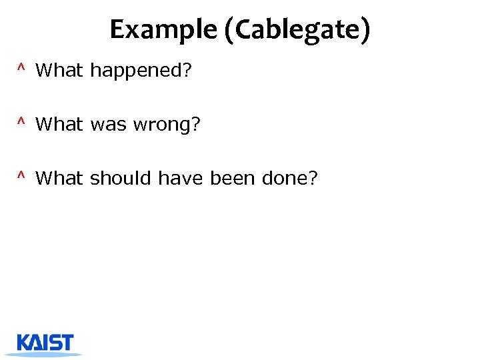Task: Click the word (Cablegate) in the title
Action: pyautogui.click(x=297, y=30)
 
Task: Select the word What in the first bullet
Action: pyautogui.click(x=59, y=70)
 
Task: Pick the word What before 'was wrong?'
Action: pyautogui.click(x=59, y=124)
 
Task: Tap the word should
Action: pyautogui.click(x=121, y=178)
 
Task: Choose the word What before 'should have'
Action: pyautogui.click(x=59, y=178)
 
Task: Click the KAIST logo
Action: pyautogui.click(x=45, y=344)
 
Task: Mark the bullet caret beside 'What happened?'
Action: pyautogui.click(x=22, y=68)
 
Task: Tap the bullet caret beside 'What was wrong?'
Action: pyautogui.click(x=22, y=122)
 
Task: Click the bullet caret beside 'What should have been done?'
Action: pyautogui.click(x=22, y=176)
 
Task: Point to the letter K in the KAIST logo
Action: pyautogui.click(x=24, y=342)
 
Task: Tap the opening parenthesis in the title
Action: pyautogui.click(x=229, y=31)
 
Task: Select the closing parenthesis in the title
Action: pyautogui.click(x=365, y=31)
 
